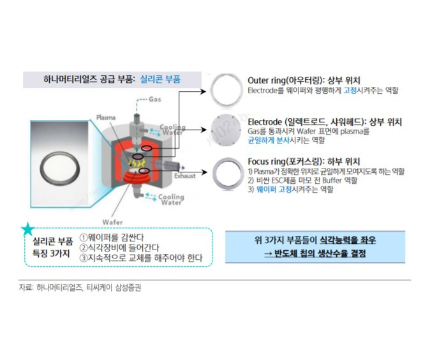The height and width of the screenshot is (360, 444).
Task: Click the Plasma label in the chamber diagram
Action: click(x=106, y=118)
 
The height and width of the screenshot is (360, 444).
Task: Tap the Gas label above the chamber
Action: click(x=156, y=100)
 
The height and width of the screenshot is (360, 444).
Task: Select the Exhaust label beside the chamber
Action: click(x=185, y=176)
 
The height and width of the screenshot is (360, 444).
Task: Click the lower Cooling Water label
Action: click(x=170, y=200)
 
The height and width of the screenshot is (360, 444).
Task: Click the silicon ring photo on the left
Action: click(x=55, y=164)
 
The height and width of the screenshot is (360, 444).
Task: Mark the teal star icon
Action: click(x=27, y=229)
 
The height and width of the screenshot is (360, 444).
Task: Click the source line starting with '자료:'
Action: click(x=80, y=288)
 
